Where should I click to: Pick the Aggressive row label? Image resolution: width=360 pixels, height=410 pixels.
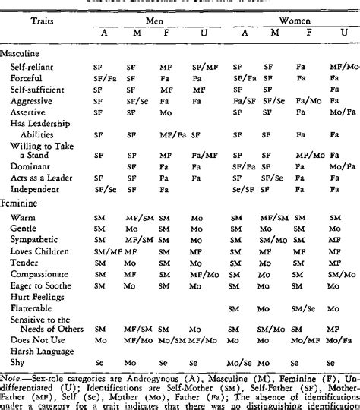pos(40,99)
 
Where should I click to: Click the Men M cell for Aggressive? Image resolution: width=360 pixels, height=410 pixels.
pos(137,99)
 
